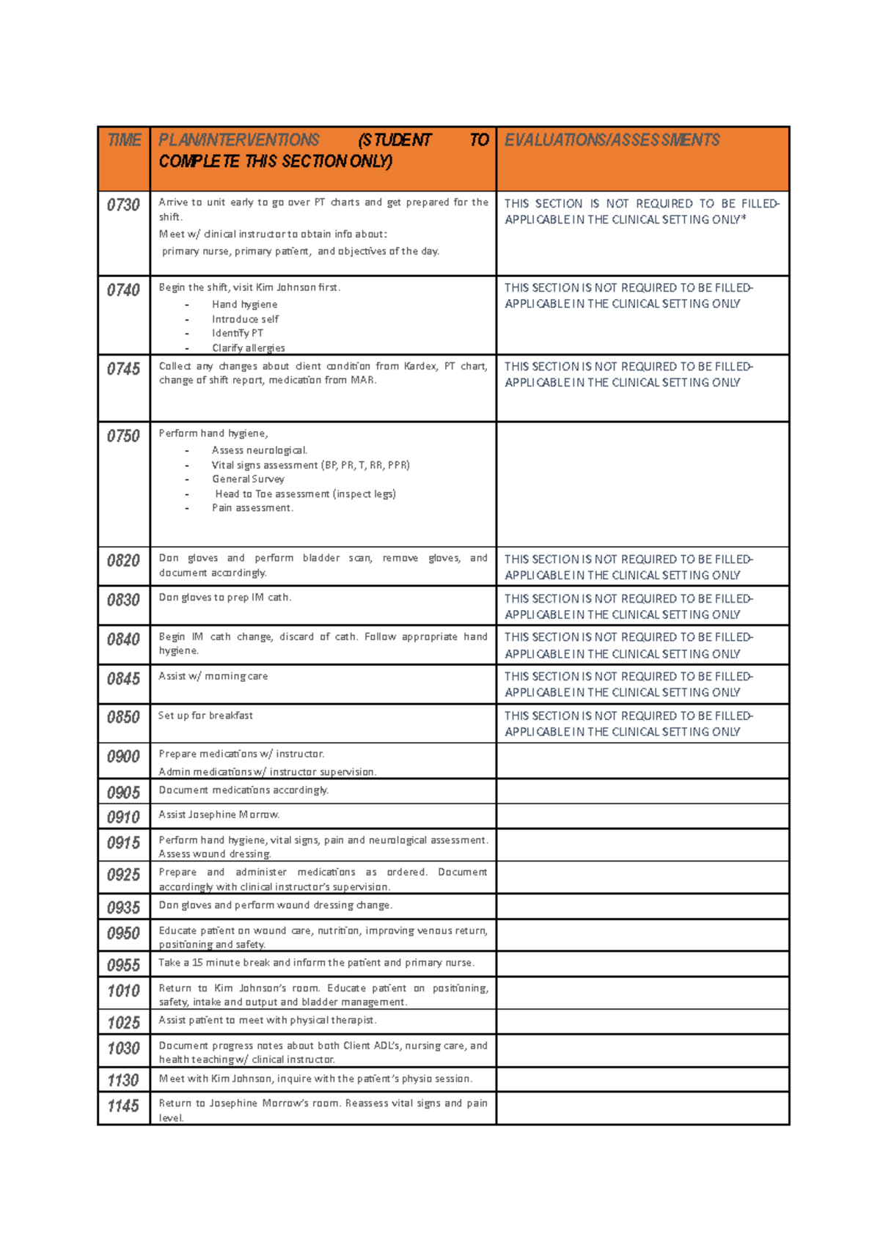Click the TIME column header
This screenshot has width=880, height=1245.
[124, 140]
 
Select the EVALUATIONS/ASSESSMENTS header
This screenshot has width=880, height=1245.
[612, 140]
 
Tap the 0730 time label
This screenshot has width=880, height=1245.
[123, 205]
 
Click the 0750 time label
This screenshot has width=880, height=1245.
[123, 436]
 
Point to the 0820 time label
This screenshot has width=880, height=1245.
[123, 561]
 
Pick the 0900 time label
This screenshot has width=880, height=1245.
[123, 757]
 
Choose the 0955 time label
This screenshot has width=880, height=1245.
[123, 965]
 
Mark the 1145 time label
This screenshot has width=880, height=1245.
[123, 1106]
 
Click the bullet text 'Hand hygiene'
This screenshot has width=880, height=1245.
[244, 304]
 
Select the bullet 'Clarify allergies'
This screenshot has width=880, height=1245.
[248, 348]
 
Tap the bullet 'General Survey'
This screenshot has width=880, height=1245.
[248, 479]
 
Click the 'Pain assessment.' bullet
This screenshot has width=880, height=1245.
[252, 507]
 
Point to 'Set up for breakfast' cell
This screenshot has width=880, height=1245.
[205, 716]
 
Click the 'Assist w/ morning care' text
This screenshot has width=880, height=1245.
[213, 676]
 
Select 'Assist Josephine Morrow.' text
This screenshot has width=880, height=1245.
[219, 815]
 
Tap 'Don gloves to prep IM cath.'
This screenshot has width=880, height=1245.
[224, 598]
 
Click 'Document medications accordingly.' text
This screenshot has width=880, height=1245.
[243, 790]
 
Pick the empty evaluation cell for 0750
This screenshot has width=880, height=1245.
[642, 484]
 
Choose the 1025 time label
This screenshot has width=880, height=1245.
[123, 1023]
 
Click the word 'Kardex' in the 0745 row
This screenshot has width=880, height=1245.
[420, 366]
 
